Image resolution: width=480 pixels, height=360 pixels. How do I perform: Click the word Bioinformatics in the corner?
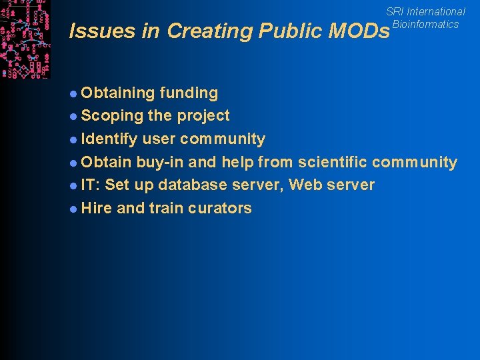[x=425, y=24]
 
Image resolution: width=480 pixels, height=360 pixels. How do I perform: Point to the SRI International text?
[x=425, y=11]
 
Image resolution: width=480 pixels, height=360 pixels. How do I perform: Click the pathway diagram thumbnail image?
[x=25, y=39]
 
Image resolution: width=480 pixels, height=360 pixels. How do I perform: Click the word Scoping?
[x=112, y=116]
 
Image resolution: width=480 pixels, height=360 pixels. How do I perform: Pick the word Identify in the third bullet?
[x=109, y=139]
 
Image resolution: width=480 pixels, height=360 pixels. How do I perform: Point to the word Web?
[x=305, y=185]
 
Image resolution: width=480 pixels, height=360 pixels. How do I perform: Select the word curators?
[x=219, y=208]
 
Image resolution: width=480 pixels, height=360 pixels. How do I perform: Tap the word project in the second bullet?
[x=203, y=116]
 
